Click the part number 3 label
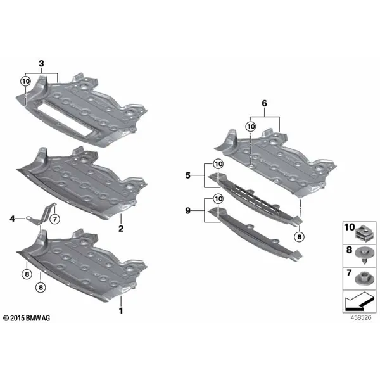coord(41,64)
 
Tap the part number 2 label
coord(121,228)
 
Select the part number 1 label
coord(121,311)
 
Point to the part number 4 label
coord(12,219)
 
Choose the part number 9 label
coord(188,211)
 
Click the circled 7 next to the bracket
coord(54,220)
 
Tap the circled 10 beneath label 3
coord(25,81)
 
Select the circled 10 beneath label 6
coord(251,126)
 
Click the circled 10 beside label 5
coord(218,164)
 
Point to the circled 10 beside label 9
coord(218,199)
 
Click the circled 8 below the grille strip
coord(300,236)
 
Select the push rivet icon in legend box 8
coord(365,256)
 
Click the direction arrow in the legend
coord(358,301)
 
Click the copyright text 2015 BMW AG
coord(27,318)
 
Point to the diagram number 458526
coord(361,317)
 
